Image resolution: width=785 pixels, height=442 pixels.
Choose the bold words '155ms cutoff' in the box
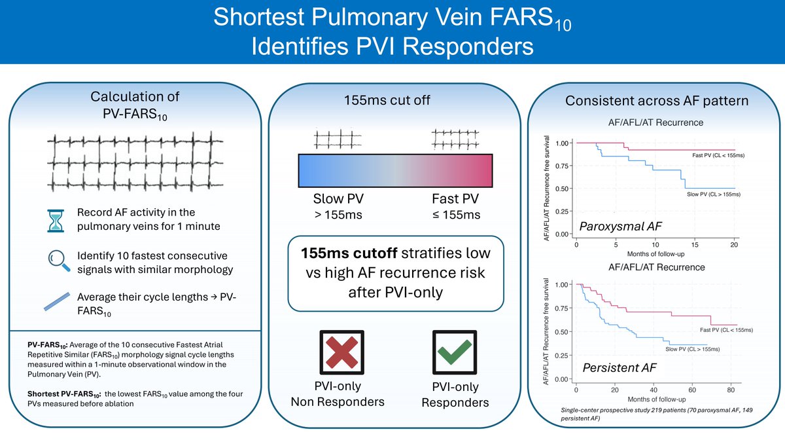coord(341,253)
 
